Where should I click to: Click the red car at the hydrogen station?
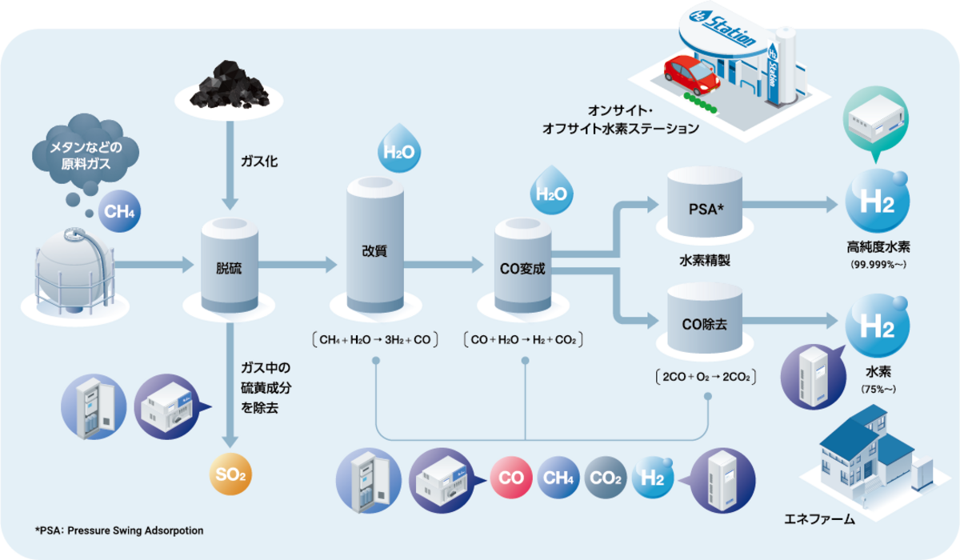point(691,74)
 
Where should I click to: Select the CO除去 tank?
point(705,322)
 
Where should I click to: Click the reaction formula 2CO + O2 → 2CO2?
point(705,376)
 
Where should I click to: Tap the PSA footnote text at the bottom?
point(119,530)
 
